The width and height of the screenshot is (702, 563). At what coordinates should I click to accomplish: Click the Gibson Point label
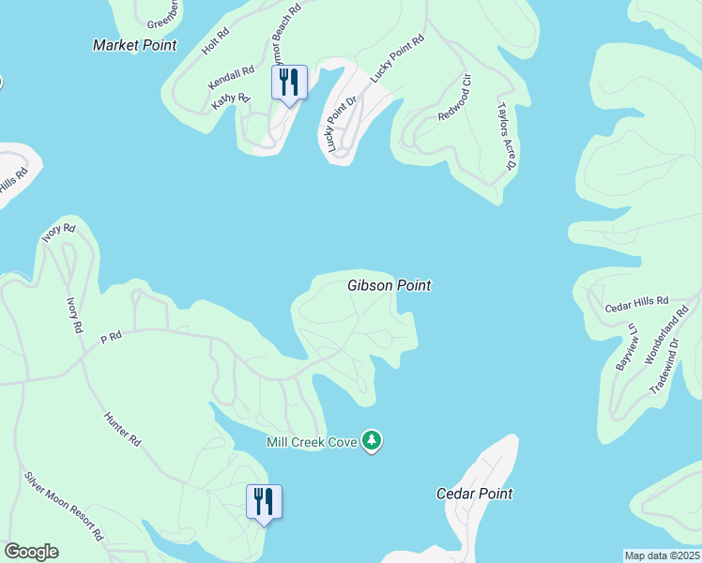point(389,285)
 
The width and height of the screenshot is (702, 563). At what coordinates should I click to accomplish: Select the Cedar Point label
point(475,494)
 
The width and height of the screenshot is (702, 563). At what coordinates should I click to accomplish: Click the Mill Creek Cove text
point(312,442)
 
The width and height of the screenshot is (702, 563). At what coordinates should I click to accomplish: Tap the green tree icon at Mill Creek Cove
point(373,440)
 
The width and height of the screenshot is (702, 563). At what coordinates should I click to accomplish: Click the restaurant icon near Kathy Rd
point(289,84)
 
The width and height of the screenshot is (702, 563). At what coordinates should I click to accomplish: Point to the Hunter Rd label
point(122,426)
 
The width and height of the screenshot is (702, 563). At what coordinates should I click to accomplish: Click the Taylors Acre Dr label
point(506,135)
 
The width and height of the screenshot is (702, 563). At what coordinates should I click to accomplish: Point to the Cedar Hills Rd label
point(636,304)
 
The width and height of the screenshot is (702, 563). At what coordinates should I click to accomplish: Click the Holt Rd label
point(214,45)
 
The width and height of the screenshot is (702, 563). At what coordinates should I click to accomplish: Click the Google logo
point(31,552)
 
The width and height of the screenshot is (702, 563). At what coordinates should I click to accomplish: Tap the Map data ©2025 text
point(662,555)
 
